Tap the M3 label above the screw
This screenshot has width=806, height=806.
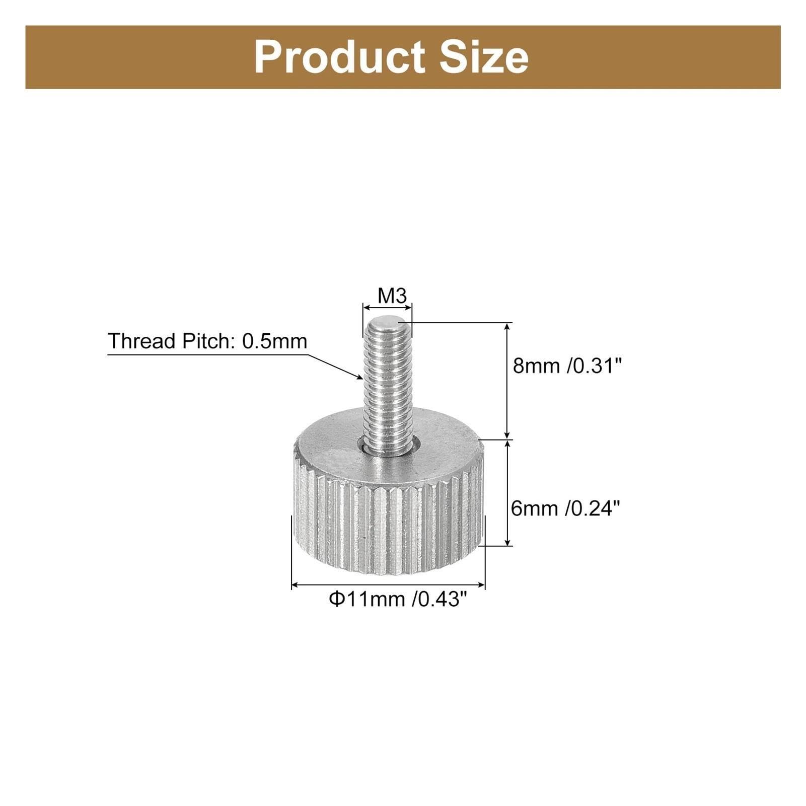click(x=392, y=296)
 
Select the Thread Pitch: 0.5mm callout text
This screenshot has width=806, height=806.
click(x=207, y=341)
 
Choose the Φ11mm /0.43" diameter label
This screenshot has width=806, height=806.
click(x=395, y=599)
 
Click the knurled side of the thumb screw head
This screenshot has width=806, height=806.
click(x=388, y=524)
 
